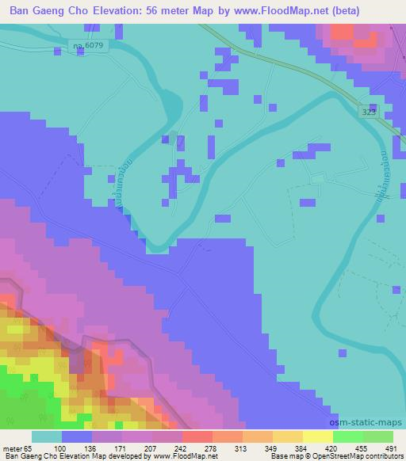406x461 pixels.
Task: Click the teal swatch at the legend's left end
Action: [47, 436]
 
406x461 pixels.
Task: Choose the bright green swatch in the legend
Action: [347, 436]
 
